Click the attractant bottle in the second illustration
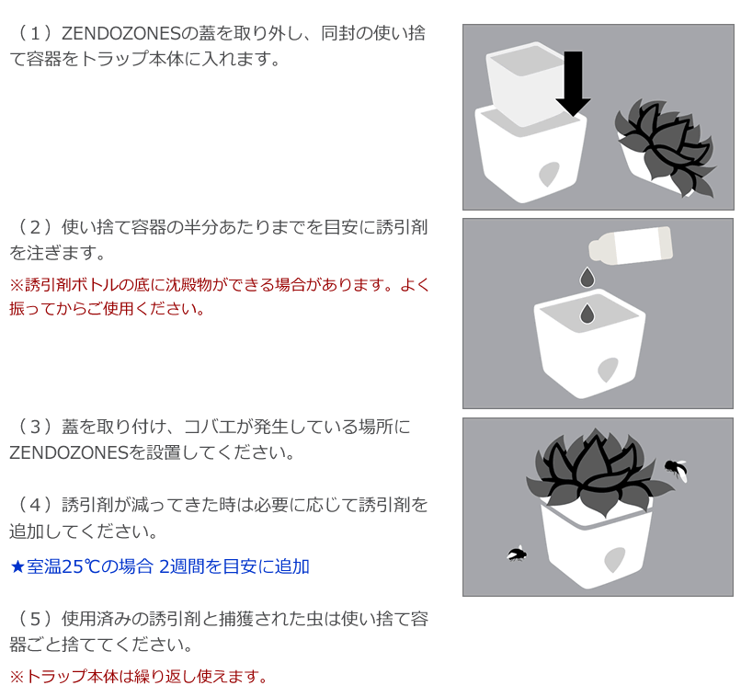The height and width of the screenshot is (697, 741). click(x=630, y=244)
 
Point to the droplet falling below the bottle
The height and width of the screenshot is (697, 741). click(x=586, y=276)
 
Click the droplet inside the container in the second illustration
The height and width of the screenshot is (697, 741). click(x=587, y=314)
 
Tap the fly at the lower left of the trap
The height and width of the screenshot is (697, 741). click(x=517, y=554)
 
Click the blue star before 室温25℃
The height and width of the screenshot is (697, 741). click(x=17, y=566)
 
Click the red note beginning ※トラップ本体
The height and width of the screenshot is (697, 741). click(x=138, y=677)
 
